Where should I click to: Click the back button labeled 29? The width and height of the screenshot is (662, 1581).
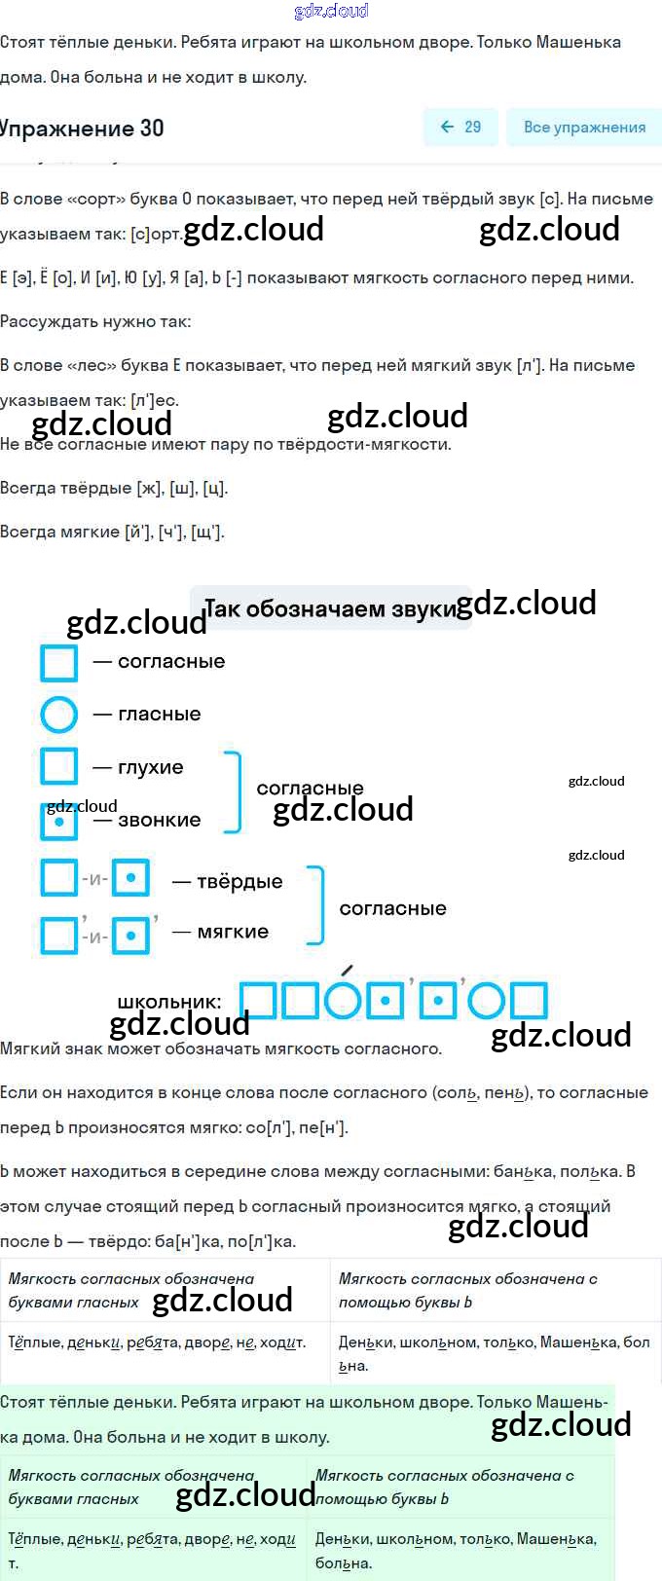460,127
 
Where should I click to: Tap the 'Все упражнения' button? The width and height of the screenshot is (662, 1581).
583,127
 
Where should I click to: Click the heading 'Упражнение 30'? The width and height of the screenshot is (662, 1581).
82,128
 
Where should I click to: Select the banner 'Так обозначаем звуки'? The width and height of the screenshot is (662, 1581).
330,608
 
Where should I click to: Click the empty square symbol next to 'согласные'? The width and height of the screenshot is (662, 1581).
58,662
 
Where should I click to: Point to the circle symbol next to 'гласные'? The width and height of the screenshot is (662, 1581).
58,715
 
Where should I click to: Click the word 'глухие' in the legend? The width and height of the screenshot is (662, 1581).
151,767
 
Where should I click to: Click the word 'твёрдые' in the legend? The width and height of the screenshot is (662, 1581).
239,881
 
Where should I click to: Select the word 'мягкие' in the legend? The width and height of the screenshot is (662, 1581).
233,932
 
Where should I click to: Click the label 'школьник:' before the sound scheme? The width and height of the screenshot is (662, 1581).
168,1002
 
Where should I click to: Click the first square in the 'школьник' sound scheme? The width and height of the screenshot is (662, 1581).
257,1000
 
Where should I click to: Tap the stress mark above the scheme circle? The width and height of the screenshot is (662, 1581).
348,970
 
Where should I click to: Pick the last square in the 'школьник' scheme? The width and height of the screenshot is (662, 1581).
529,1000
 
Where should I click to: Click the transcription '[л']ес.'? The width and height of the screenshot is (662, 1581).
155,400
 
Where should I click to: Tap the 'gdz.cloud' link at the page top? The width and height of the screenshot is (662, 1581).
331,11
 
